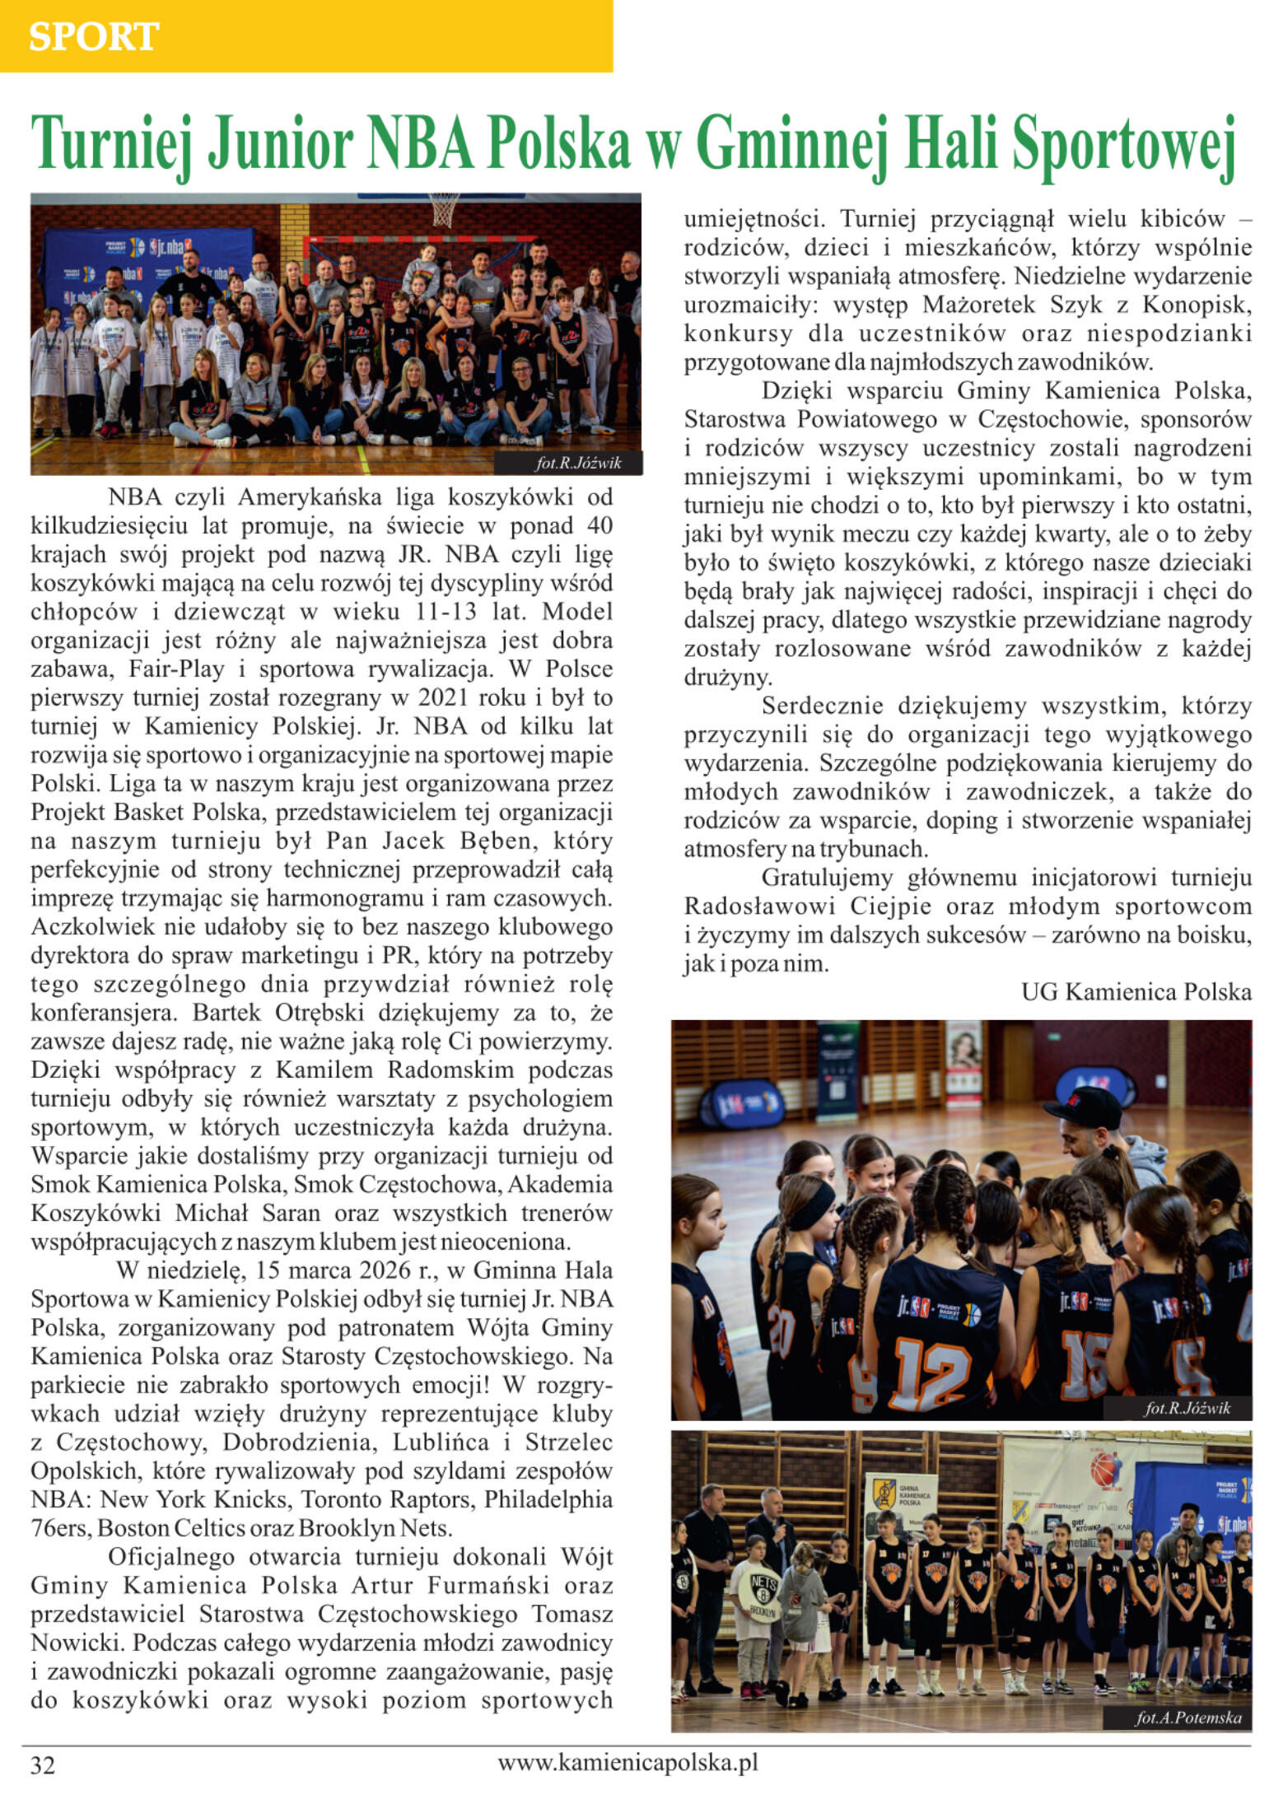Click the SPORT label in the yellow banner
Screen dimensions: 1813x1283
[93, 37]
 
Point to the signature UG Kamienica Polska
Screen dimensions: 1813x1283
[1136, 991]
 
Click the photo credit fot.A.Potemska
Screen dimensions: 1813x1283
[1187, 1717]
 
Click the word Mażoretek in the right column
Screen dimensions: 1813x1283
[980, 305]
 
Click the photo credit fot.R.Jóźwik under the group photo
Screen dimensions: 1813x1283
[578, 464]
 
